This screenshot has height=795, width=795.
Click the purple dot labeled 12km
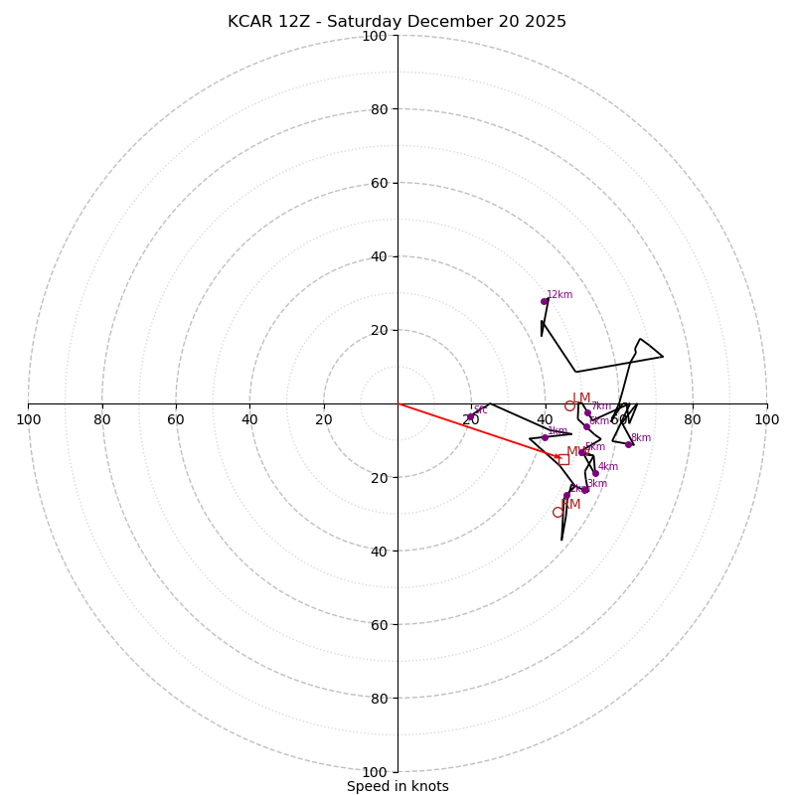[545, 301]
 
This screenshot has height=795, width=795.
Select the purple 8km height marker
[628, 444]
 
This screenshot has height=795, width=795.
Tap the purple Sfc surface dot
[471, 417]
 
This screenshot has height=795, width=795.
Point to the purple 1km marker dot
[545, 437]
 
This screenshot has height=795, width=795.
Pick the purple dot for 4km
[595, 473]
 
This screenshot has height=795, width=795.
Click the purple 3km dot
[585, 489]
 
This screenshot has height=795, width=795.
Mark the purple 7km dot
[587, 412]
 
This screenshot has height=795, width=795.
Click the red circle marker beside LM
[569, 405]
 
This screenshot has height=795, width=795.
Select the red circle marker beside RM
[557, 512]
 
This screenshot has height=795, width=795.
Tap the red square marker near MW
[563, 459]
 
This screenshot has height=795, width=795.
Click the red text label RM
[570, 505]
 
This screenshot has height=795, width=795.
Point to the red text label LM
[581, 398]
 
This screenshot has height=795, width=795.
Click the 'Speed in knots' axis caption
[397, 786]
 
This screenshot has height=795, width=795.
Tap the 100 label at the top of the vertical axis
[375, 36]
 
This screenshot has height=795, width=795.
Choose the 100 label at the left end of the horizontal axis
[28, 419]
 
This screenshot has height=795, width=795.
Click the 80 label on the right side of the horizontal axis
[693, 419]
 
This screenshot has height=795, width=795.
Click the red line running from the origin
[477, 430]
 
